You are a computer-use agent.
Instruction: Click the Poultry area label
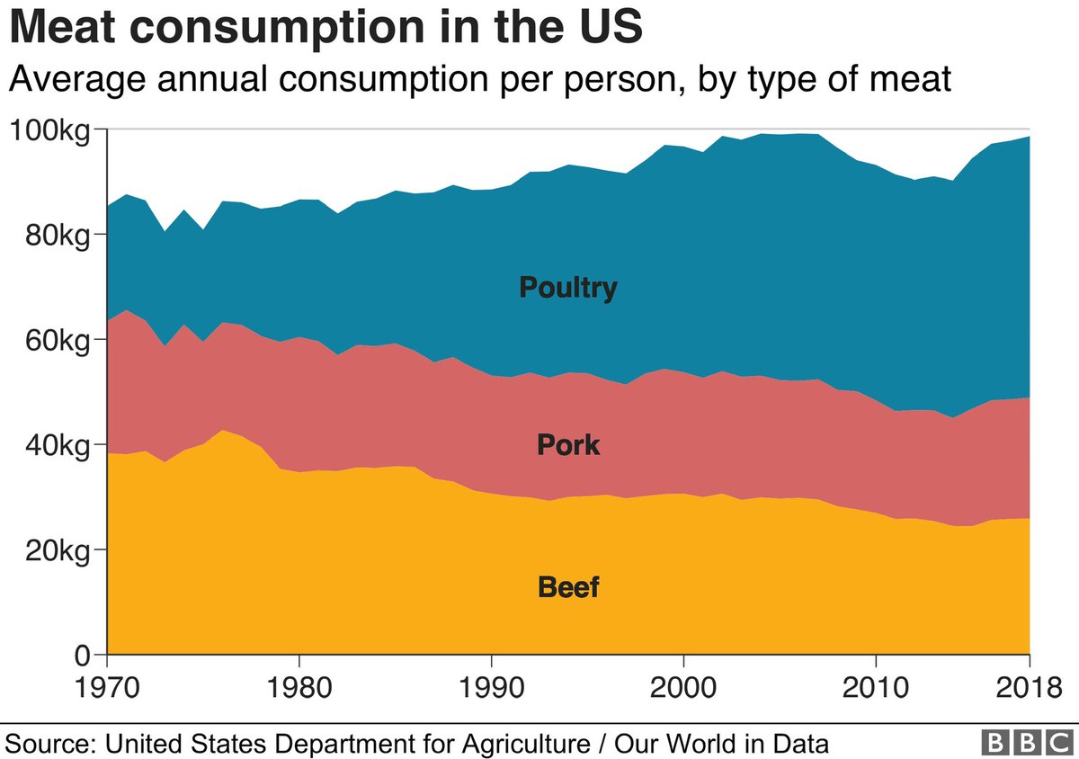click(x=568, y=288)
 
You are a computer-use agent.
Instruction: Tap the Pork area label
click(x=568, y=444)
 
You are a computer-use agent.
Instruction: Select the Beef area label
click(x=568, y=588)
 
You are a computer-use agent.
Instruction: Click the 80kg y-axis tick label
click(x=56, y=236)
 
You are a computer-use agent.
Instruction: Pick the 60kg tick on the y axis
click(x=56, y=341)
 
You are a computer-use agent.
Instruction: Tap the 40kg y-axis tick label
click(x=56, y=445)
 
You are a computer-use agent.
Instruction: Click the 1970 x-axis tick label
click(x=108, y=684)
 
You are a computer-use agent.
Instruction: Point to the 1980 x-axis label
click(x=299, y=684)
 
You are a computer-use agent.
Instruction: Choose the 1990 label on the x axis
click(x=492, y=684)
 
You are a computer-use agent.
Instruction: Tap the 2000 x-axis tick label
click(x=683, y=684)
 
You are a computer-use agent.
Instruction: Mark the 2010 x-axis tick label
click(x=876, y=684)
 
